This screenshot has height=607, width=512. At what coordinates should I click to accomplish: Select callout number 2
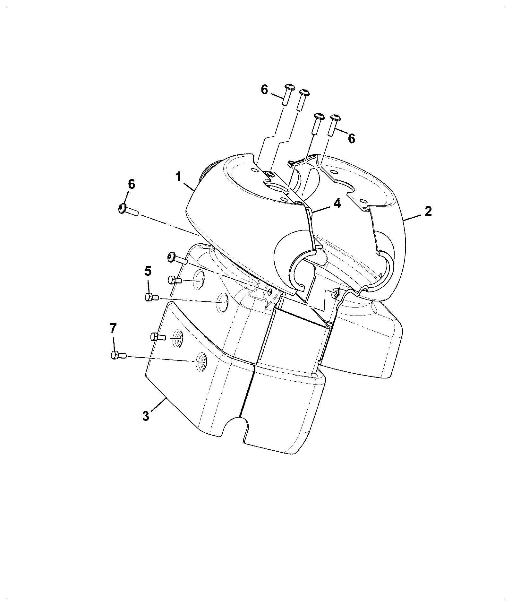pyautogui.click(x=428, y=212)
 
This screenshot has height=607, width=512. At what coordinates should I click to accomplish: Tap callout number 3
pyautogui.click(x=146, y=416)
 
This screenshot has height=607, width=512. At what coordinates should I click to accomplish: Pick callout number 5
pyautogui.click(x=148, y=272)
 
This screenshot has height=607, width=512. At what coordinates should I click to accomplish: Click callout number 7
pyautogui.click(x=114, y=329)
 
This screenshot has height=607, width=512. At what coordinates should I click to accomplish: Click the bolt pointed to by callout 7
pyautogui.click(x=118, y=355)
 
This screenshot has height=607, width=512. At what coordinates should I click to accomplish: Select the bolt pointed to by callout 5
pyautogui.click(x=152, y=298)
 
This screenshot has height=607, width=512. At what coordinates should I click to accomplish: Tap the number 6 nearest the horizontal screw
pyautogui.click(x=132, y=185)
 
